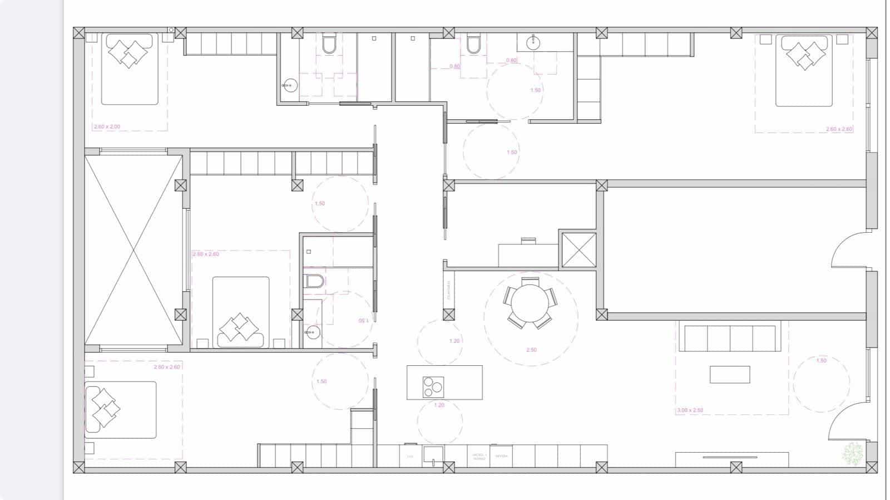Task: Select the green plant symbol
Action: (852, 453)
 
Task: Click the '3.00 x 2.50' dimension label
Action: (690, 410)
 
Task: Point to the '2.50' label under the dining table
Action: (531, 350)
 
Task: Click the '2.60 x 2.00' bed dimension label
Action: (107, 127)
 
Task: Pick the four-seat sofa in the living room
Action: (730, 339)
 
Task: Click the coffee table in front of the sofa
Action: (729, 374)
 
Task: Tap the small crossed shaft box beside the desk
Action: (577, 249)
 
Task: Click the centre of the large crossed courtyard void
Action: (133, 249)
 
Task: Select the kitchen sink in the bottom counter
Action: (433, 455)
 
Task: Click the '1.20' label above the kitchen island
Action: (454, 341)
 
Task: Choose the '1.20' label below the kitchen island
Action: (439, 405)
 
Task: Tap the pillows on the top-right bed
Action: (805, 55)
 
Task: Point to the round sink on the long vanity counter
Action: (535, 41)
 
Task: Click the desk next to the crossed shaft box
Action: (527, 254)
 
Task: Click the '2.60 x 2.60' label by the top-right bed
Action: (839, 129)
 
